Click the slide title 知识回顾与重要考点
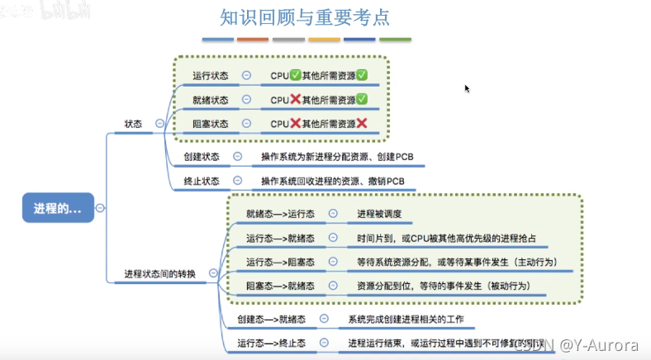pyautogui.click(x=306, y=17)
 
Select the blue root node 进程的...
pyautogui.click(x=58, y=209)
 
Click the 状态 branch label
pyautogui.click(x=134, y=123)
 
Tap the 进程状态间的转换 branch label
pyautogui.click(x=160, y=273)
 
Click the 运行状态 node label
pyautogui.click(x=210, y=76)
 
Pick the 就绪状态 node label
pyautogui.click(x=210, y=100)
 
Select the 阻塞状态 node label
pyautogui.click(x=210, y=124)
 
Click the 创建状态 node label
pyautogui.click(x=201, y=156)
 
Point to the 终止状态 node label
pyautogui.click(x=201, y=180)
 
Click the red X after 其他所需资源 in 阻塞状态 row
pyautogui.click(x=361, y=124)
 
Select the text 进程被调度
pyautogui.click(x=379, y=214)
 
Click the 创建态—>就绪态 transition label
pyautogui.click(x=271, y=319)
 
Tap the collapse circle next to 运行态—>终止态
pyautogui.click(x=325, y=343)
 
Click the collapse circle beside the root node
pyautogui.click(x=101, y=209)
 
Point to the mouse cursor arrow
pyautogui.click(x=468, y=88)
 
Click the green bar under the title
pyautogui.click(x=395, y=40)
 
